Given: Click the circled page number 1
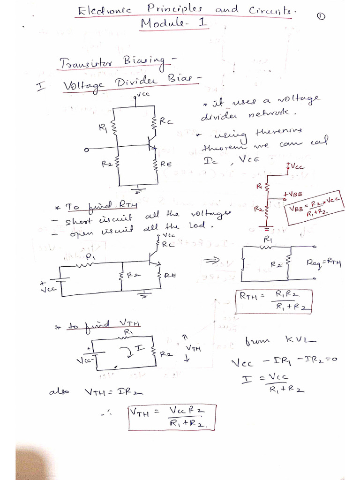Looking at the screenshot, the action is coord(321,16).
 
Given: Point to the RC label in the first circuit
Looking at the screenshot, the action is coord(166,122).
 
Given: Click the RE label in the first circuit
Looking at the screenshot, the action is coord(166,164).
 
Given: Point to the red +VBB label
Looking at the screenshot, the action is coord(292,194).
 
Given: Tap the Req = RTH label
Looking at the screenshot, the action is coord(323,263).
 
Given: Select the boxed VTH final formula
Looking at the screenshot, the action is coord(172,417).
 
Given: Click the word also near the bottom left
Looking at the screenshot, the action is coord(59,392).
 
